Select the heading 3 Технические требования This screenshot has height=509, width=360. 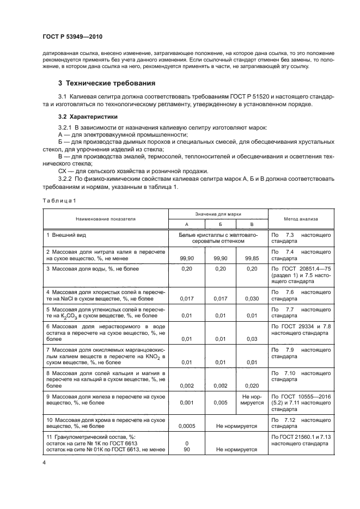107,83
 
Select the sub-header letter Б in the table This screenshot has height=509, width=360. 219,224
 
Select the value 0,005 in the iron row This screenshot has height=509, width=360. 219,403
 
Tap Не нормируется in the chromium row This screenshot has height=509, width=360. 236,426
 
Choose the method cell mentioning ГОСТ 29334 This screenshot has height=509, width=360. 301,329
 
